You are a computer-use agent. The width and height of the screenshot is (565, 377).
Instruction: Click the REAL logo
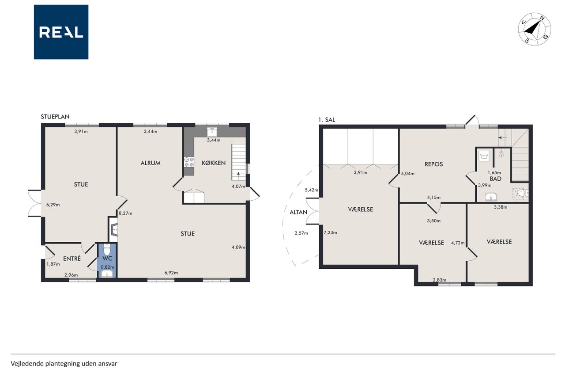click(61, 32)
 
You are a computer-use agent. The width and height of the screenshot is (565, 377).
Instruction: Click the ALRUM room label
click(151, 163)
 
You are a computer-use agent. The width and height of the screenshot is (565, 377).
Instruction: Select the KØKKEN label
click(214, 163)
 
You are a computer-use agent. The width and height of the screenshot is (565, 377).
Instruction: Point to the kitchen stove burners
click(189, 162)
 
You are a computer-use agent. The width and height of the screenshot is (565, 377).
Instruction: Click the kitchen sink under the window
click(212, 132)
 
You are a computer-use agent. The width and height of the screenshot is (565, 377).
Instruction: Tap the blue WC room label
click(107, 259)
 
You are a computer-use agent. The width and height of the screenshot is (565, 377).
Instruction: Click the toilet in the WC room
click(107, 249)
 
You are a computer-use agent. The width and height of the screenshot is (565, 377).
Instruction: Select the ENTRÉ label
click(72, 259)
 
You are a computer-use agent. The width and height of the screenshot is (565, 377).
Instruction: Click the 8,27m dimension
click(126, 213)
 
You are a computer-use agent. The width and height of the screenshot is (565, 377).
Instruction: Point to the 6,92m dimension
click(171, 273)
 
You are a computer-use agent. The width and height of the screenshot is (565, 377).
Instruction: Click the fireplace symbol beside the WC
click(113, 230)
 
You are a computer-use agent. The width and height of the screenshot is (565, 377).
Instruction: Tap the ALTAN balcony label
click(298, 212)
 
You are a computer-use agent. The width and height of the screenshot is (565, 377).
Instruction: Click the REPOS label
click(434, 164)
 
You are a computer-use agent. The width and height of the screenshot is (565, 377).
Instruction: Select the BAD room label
click(496, 179)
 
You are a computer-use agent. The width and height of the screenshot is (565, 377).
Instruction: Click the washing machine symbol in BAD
click(484, 156)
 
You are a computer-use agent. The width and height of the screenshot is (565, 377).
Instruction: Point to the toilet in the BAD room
click(522, 193)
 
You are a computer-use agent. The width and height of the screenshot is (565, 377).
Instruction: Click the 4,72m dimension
click(458, 243)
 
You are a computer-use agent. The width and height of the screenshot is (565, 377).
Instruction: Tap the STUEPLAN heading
click(55, 117)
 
